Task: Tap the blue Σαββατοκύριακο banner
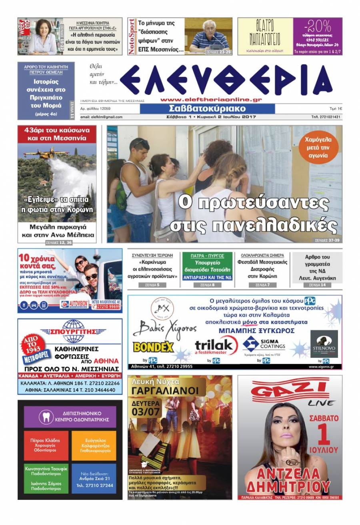(207, 109)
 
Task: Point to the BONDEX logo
(153, 346)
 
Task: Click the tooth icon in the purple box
(46, 417)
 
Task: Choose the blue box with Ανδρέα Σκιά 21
(94, 478)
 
